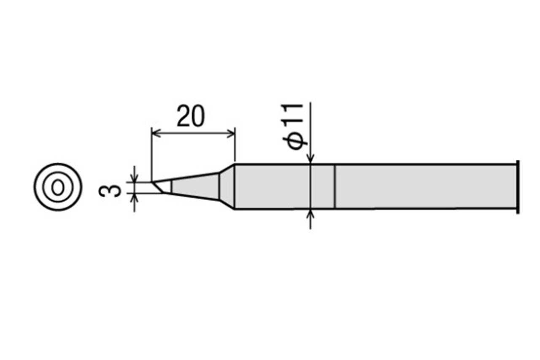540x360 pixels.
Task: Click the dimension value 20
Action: tap(191, 116)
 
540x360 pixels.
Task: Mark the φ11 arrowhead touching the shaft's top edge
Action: tap(311, 159)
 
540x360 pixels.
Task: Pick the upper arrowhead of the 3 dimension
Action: tap(135, 178)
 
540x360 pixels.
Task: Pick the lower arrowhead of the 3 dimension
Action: tap(135, 197)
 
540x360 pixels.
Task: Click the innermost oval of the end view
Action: tap(58, 187)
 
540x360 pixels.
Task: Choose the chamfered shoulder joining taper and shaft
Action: tap(227, 186)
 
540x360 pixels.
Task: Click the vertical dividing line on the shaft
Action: tap(335, 186)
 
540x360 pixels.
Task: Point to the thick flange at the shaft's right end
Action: tap(517, 186)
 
